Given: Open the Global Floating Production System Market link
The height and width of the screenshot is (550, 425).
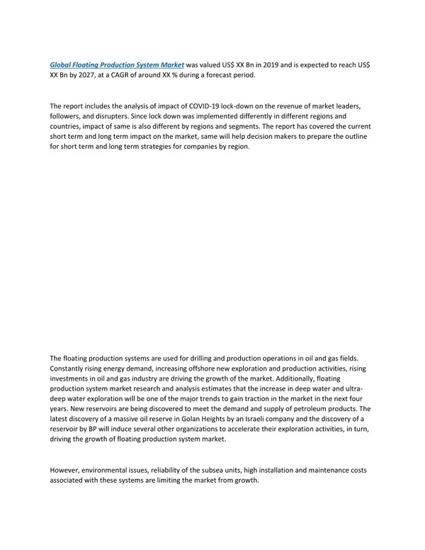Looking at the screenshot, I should [x=117, y=64].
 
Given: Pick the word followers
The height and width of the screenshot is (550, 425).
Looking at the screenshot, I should [x=69, y=116].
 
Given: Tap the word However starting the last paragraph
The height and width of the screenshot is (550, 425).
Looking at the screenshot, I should [x=68, y=471].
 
